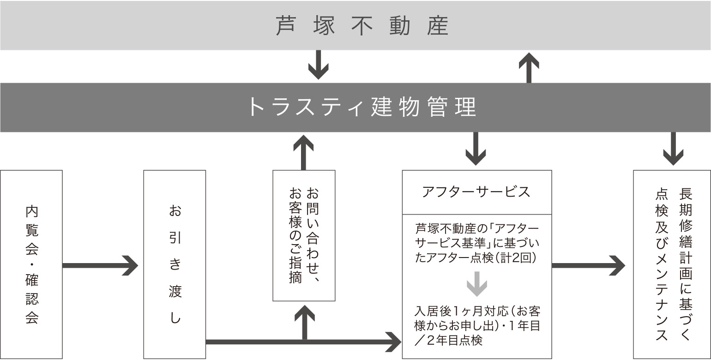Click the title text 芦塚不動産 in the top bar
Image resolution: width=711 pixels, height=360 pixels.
[x=362, y=26]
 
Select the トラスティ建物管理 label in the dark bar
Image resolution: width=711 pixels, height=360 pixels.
[x=362, y=107]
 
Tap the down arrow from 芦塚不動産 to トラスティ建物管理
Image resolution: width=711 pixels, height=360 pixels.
[x=319, y=65]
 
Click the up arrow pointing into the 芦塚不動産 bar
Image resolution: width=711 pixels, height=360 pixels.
[x=529, y=68]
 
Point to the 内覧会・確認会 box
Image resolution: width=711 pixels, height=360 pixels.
[x=31, y=264]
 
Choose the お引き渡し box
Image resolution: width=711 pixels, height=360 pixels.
[x=175, y=264]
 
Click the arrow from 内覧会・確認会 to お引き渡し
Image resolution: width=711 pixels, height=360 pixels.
[x=100, y=265]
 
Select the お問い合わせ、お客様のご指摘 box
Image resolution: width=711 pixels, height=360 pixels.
[x=304, y=236]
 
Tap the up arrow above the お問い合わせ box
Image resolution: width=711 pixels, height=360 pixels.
[x=303, y=153]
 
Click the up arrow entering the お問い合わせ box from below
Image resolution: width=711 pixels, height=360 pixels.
[x=305, y=322]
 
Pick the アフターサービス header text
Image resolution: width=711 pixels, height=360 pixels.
[x=476, y=192]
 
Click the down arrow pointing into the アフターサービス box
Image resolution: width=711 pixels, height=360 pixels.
[x=476, y=149]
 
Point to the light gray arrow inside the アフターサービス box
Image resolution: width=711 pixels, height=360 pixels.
[x=477, y=284]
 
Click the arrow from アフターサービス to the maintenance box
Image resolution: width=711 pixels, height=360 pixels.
[x=589, y=265]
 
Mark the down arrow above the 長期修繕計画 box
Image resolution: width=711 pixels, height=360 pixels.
[x=673, y=149]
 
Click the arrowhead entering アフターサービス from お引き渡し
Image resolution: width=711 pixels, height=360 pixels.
[x=393, y=342]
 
